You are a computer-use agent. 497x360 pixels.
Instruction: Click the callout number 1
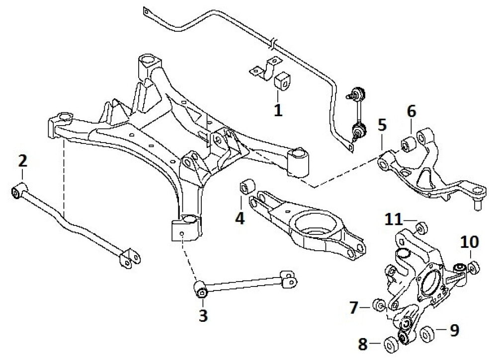(x=278, y=109)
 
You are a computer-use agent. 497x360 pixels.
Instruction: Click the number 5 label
(x=381, y=124)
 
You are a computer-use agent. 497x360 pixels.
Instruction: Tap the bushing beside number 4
(x=248, y=187)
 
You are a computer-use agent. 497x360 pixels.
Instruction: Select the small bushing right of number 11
(x=420, y=228)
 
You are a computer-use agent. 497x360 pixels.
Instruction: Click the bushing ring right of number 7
(x=380, y=304)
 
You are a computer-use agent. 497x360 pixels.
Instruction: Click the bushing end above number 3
(x=202, y=288)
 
